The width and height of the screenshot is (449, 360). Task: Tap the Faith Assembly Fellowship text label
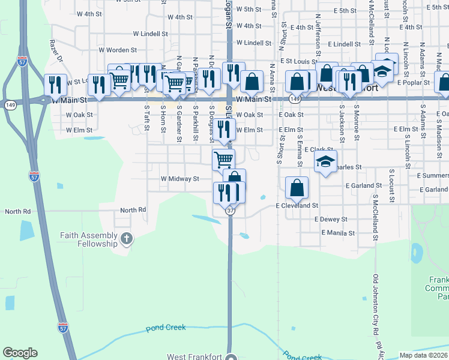click(x=88, y=239)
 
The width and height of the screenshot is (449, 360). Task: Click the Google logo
click(x=20, y=353)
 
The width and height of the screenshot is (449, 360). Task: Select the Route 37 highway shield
click(x=231, y=211)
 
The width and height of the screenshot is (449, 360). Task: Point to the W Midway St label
click(x=179, y=179)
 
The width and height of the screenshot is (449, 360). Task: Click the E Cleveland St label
click(x=297, y=205)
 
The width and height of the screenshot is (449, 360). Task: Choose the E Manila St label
click(x=335, y=233)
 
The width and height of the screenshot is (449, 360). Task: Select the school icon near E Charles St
click(x=325, y=161)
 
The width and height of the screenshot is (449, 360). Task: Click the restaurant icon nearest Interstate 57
click(x=55, y=85)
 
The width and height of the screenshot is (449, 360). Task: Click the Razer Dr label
click(x=56, y=52)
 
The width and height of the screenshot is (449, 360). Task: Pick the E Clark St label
click(x=319, y=149)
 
